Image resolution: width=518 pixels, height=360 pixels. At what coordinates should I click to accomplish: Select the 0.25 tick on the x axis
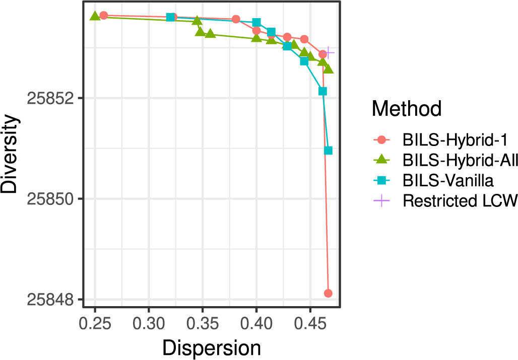(95, 322)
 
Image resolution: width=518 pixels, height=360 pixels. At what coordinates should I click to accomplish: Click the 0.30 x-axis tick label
(149, 322)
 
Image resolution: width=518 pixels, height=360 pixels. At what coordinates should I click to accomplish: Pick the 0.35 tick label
(203, 322)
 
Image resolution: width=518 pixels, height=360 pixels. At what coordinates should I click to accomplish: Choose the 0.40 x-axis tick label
(256, 322)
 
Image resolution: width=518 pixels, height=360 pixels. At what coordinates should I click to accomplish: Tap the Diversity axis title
(11, 155)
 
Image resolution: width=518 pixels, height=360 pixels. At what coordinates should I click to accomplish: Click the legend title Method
(407, 108)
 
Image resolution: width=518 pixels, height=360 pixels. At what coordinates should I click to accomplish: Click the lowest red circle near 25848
(328, 293)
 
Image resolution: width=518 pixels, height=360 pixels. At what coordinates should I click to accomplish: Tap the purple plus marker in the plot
(329, 52)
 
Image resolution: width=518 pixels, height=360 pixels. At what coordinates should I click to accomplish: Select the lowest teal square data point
(329, 151)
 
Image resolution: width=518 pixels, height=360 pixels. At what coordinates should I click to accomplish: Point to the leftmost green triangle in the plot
(95, 16)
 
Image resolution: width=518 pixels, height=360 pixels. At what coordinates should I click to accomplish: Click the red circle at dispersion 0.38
(236, 19)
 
